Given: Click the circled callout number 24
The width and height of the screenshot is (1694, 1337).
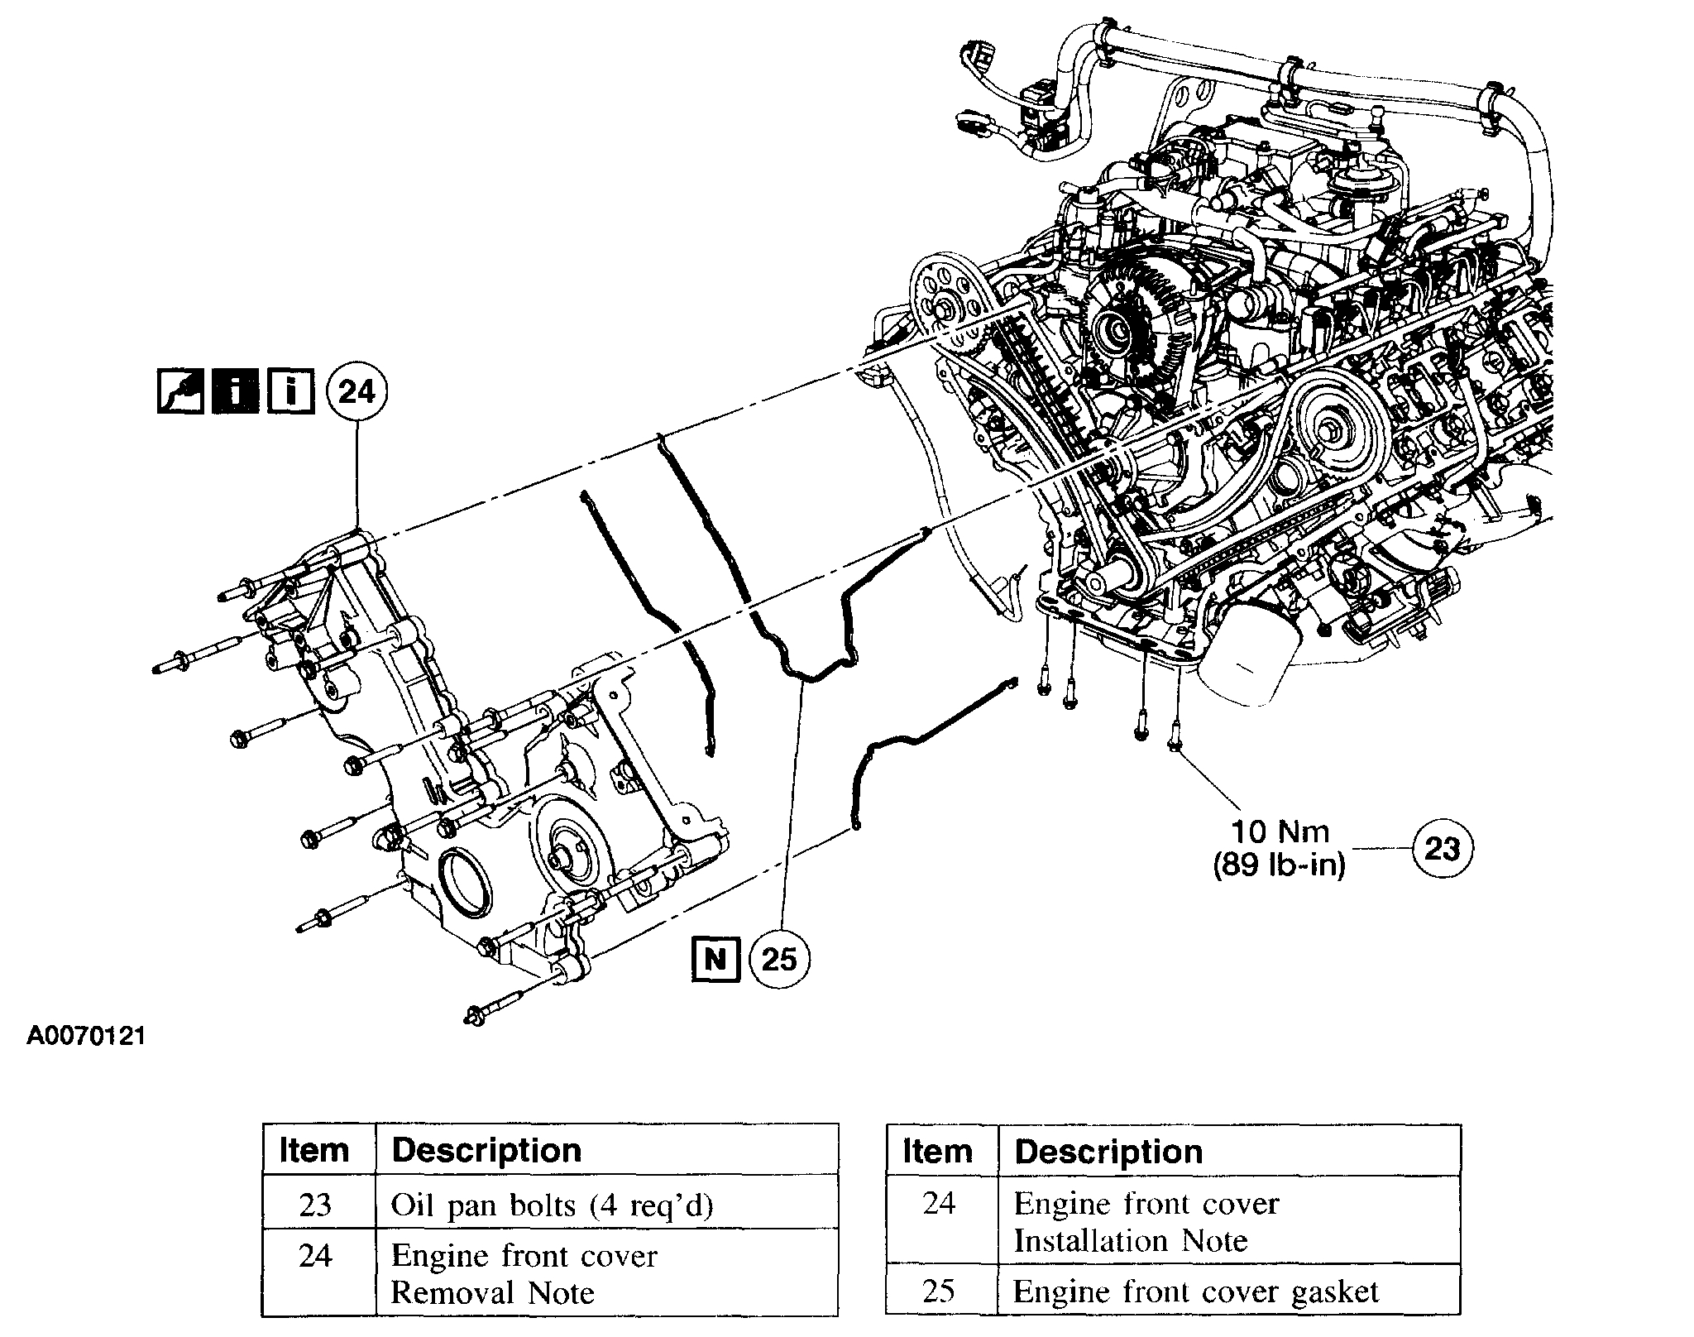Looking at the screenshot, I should pos(357,391).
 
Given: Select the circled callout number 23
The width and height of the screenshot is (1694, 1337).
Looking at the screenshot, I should pos(1442,848).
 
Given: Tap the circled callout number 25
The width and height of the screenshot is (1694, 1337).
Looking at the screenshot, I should pos(778,959).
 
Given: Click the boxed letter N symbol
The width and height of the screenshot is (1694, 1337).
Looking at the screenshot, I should pos(715,959).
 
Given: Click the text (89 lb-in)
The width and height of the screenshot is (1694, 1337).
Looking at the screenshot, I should pos(1280,865).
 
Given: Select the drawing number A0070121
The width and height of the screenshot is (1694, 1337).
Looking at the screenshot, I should pos(86,1036).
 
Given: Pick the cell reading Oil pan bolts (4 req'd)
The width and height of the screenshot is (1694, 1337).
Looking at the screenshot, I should pos(552,1205).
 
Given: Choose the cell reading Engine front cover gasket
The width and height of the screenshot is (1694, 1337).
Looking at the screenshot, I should pos(1196,1291).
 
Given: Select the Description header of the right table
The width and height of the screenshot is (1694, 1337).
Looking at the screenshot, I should pos(1108,1151).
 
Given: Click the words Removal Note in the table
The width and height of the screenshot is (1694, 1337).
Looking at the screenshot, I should pos(492,1292).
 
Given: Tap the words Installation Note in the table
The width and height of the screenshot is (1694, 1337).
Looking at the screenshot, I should pos(1130,1240).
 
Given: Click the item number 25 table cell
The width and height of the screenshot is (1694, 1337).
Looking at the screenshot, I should pos(939,1291).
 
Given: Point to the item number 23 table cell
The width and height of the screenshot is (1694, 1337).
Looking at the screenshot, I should pos(315,1205).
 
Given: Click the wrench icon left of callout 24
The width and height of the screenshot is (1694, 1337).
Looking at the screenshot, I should pos(180,391).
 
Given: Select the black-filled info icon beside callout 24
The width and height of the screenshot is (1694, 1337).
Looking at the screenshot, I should pos(236,391).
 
